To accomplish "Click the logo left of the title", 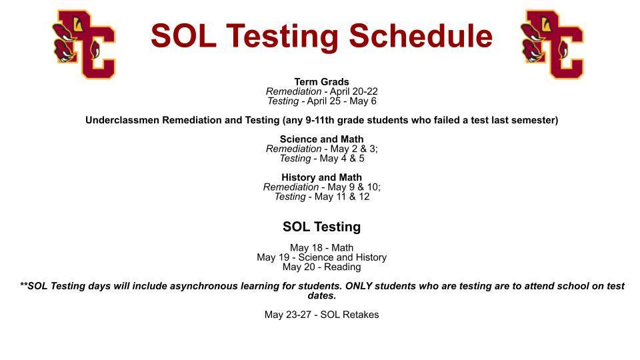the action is click(x=84, y=44).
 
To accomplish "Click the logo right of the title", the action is click(x=552, y=44).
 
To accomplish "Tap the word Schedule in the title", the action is click(x=421, y=36).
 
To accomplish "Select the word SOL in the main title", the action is click(x=183, y=36).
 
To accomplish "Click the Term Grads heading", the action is click(x=321, y=81).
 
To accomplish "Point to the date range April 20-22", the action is click(x=354, y=91).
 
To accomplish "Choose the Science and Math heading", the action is click(x=321, y=139).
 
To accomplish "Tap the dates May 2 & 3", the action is click(x=353, y=149).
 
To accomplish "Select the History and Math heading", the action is click(x=321, y=177).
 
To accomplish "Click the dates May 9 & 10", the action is click(x=353, y=187).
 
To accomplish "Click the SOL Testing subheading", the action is click(x=321, y=227).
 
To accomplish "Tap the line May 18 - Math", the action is click(x=321, y=248).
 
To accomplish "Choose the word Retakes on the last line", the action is click(x=361, y=315).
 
